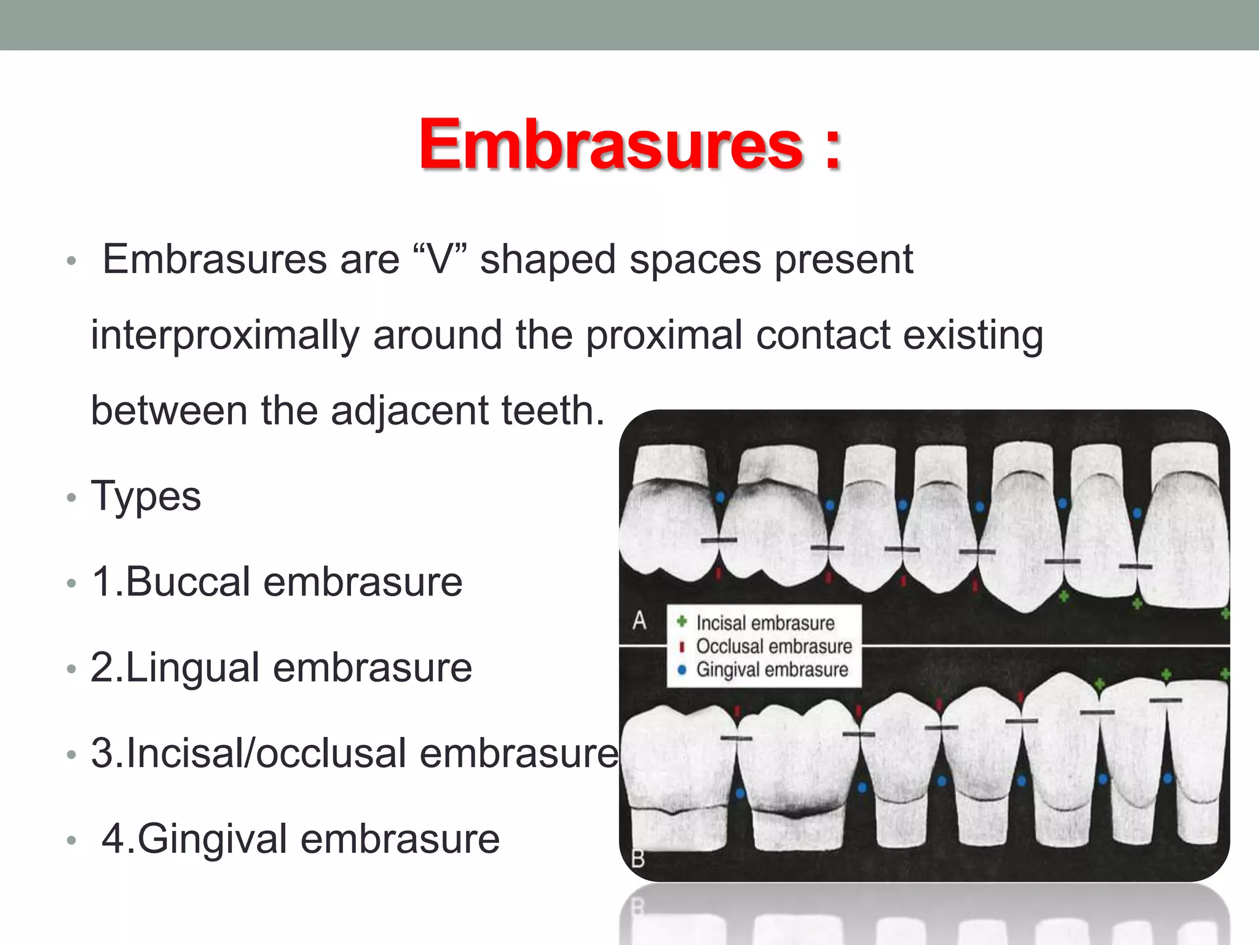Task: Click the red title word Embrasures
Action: click(x=611, y=145)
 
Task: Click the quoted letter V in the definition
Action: click(x=440, y=259)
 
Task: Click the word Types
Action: click(x=146, y=496)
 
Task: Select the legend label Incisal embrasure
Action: click(x=765, y=623)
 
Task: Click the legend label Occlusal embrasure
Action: click(x=774, y=647)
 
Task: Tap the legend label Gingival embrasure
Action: click(x=772, y=669)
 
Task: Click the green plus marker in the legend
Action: click(x=682, y=622)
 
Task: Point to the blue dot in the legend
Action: click(x=682, y=670)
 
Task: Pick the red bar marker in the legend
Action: click(x=682, y=647)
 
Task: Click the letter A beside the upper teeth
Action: click(x=639, y=621)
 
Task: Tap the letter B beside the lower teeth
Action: click(x=638, y=858)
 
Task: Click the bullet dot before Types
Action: click(x=71, y=498)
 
